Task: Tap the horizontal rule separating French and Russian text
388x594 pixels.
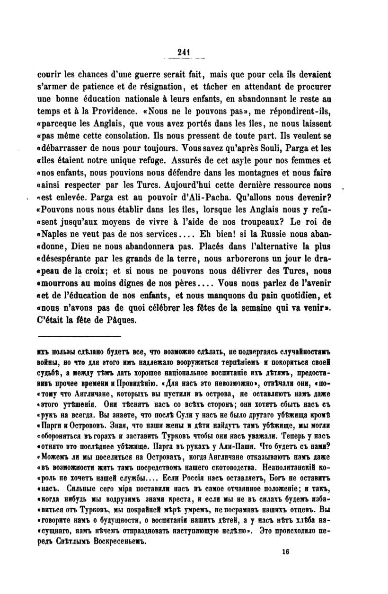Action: coord(79,336)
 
